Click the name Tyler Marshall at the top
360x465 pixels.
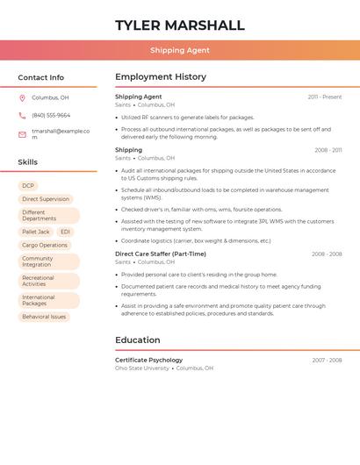(x=179, y=25)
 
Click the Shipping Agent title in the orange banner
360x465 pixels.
(x=179, y=50)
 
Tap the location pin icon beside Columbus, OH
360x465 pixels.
(x=22, y=97)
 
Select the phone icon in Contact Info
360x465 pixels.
(x=22, y=115)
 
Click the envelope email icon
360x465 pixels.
(x=22, y=134)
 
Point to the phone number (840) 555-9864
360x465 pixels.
(x=51, y=115)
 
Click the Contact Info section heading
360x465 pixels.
(x=40, y=77)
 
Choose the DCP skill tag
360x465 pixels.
(x=28, y=186)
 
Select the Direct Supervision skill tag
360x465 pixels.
(x=46, y=199)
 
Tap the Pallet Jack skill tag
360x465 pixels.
(x=36, y=232)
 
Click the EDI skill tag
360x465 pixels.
(x=66, y=232)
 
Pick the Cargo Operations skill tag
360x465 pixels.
(x=45, y=246)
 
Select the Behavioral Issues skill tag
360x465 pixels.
(x=44, y=317)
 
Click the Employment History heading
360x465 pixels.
(x=161, y=77)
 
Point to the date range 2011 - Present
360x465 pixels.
(x=325, y=97)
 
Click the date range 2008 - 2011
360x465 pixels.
(x=328, y=150)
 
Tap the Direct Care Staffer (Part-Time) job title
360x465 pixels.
(x=161, y=254)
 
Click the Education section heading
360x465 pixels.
(x=138, y=340)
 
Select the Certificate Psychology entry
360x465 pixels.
(x=149, y=360)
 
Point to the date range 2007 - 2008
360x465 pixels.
(x=327, y=360)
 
